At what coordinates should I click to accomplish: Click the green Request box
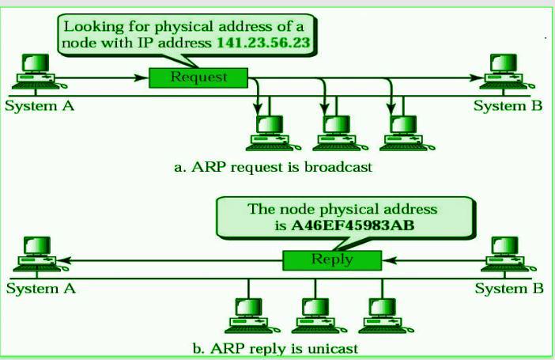point(198,78)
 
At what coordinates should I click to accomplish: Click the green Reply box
point(332,260)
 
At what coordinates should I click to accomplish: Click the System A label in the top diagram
point(40,106)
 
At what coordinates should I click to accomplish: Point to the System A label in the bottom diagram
point(40,288)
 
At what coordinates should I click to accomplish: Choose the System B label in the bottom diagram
point(509,288)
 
